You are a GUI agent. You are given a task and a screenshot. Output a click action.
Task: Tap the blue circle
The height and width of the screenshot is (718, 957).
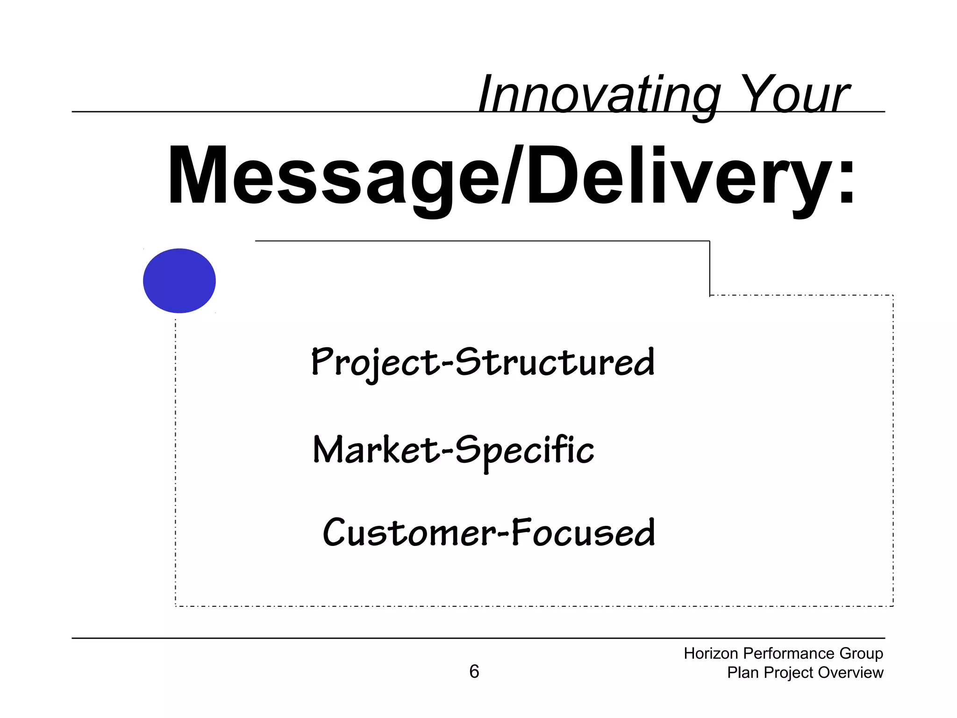click(x=179, y=280)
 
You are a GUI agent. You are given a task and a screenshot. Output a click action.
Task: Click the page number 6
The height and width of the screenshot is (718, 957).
click(x=474, y=672)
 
